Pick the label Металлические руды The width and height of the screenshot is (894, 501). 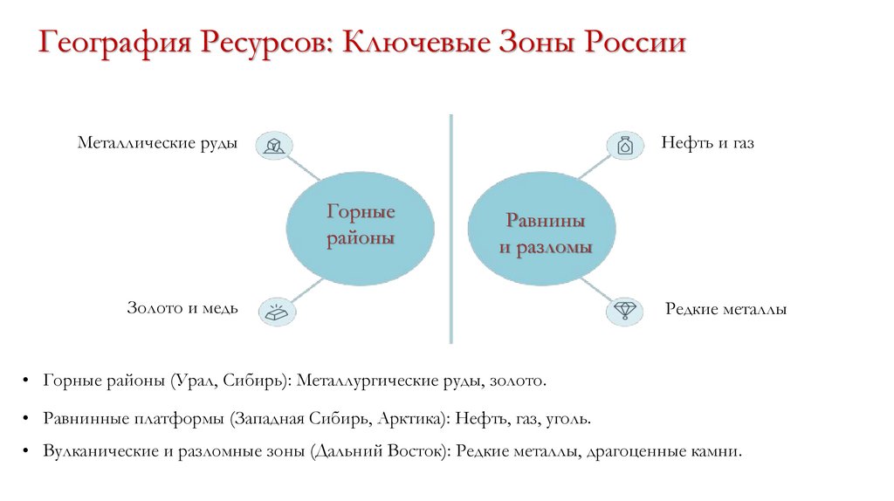[x=157, y=142]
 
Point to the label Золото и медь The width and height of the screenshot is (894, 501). [x=182, y=308]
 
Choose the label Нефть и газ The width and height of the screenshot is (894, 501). [x=707, y=142]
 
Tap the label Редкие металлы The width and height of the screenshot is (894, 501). [x=726, y=309]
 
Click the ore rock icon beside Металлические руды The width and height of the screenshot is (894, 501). [x=275, y=145]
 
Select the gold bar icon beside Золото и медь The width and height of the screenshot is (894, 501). [x=276, y=310]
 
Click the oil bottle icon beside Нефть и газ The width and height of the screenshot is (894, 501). [x=625, y=145]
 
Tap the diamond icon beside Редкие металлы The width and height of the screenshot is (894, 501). [x=625, y=310]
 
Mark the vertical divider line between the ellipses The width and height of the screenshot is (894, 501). [x=451, y=227]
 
